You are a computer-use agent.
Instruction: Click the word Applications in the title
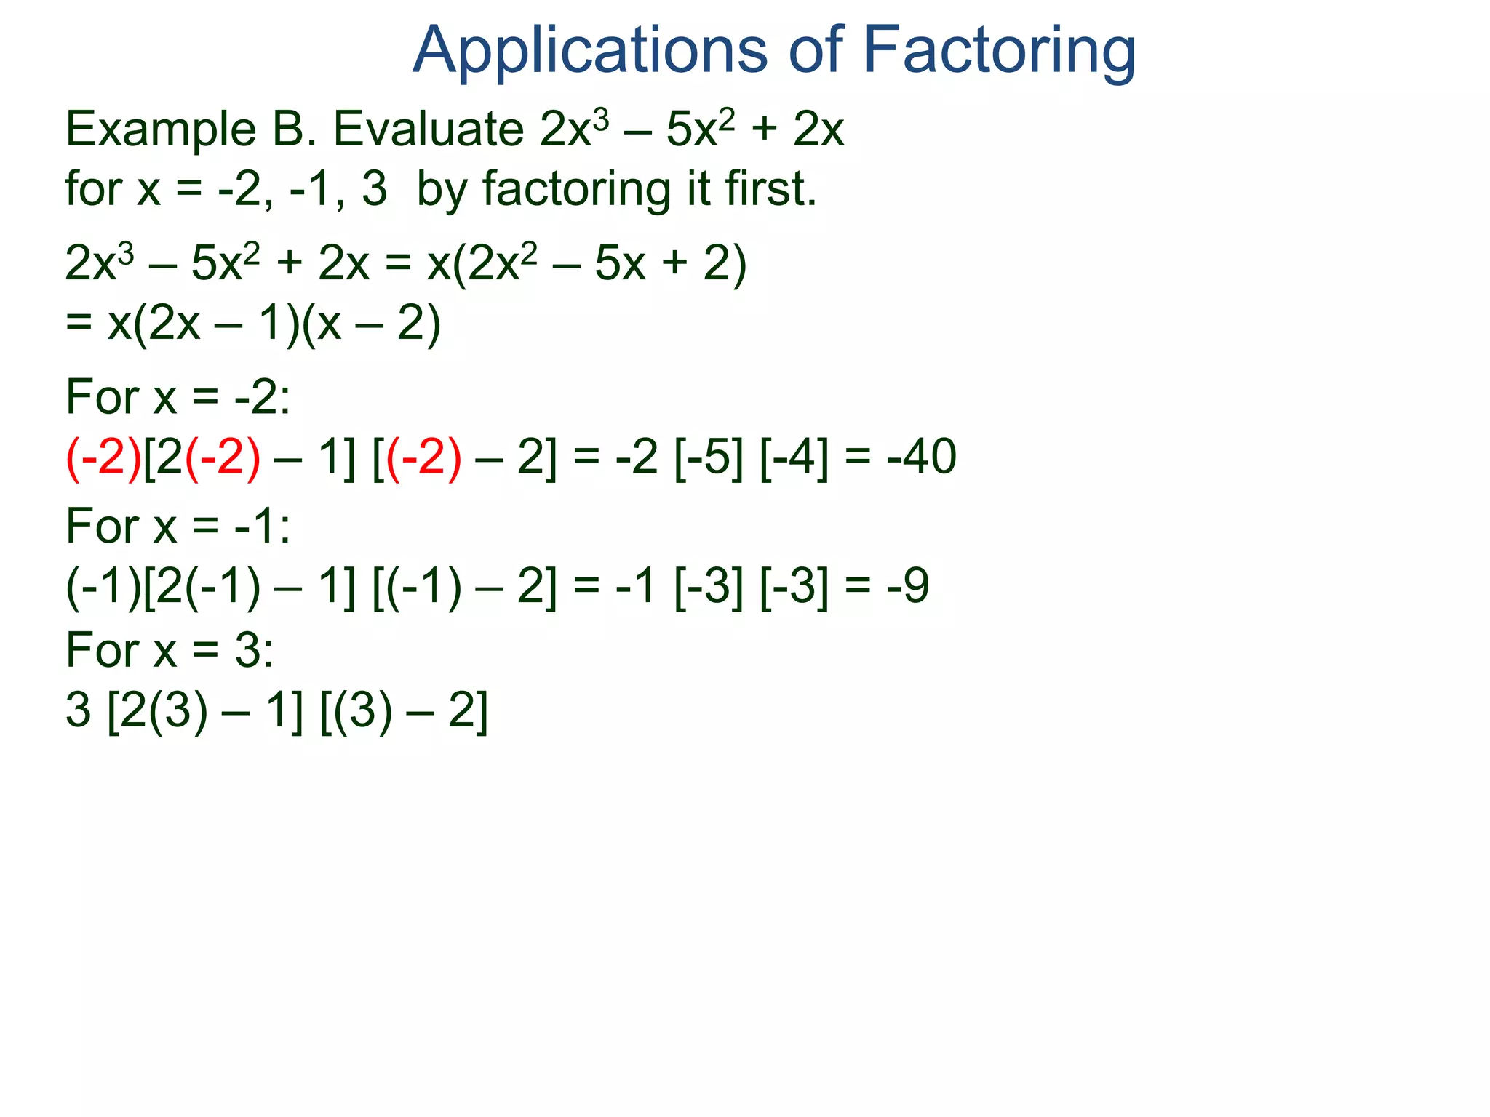point(590,51)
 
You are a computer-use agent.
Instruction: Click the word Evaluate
point(429,129)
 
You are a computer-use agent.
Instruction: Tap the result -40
point(922,457)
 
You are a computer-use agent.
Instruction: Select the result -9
point(908,585)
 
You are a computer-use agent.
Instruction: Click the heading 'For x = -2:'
point(178,398)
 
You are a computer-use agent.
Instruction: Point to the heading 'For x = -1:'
point(178,526)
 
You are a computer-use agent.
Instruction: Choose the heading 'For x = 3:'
point(170,650)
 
